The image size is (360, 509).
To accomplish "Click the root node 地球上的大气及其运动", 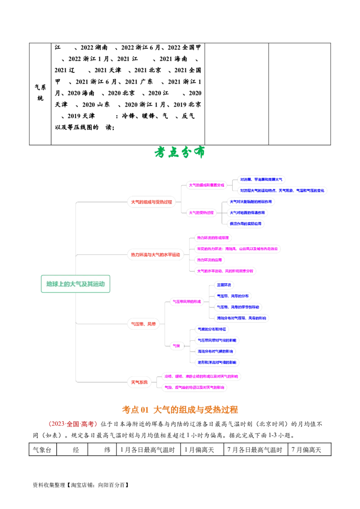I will pyautogui.click(x=76, y=284).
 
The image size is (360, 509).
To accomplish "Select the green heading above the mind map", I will pyautogui.click(x=180, y=152).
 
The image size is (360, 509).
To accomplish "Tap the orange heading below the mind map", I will pyautogui.click(x=180, y=409).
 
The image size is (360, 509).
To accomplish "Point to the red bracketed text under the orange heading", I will pyautogui.click(x=72, y=424).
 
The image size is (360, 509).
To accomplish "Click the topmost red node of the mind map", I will pyautogui.click(x=151, y=202).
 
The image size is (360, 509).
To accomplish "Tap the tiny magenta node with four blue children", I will pyautogui.click(x=176, y=346).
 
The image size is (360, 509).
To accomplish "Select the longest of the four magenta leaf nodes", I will pyautogui.click(x=237, y=249).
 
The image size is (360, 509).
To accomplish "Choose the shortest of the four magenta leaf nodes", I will pyautogui.click(x=210, y=260).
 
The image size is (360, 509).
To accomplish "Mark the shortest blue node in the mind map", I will pyautogui.click(x=224, y=285).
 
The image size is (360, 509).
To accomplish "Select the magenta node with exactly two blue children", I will pyautogui.click(x=207, y=184).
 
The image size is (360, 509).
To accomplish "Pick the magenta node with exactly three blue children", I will pyautogui.click(x=202, y=213).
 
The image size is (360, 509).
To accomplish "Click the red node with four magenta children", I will pyautogui.click(x=155, y=255).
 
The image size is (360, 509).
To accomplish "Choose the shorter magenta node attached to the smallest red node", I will pyautogui.click(x=194, y=387).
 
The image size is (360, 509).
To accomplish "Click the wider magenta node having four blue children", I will pyautogui.click(x=187, y=302).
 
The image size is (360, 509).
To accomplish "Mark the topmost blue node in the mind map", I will pyautogui.click(x=261, y=179).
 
